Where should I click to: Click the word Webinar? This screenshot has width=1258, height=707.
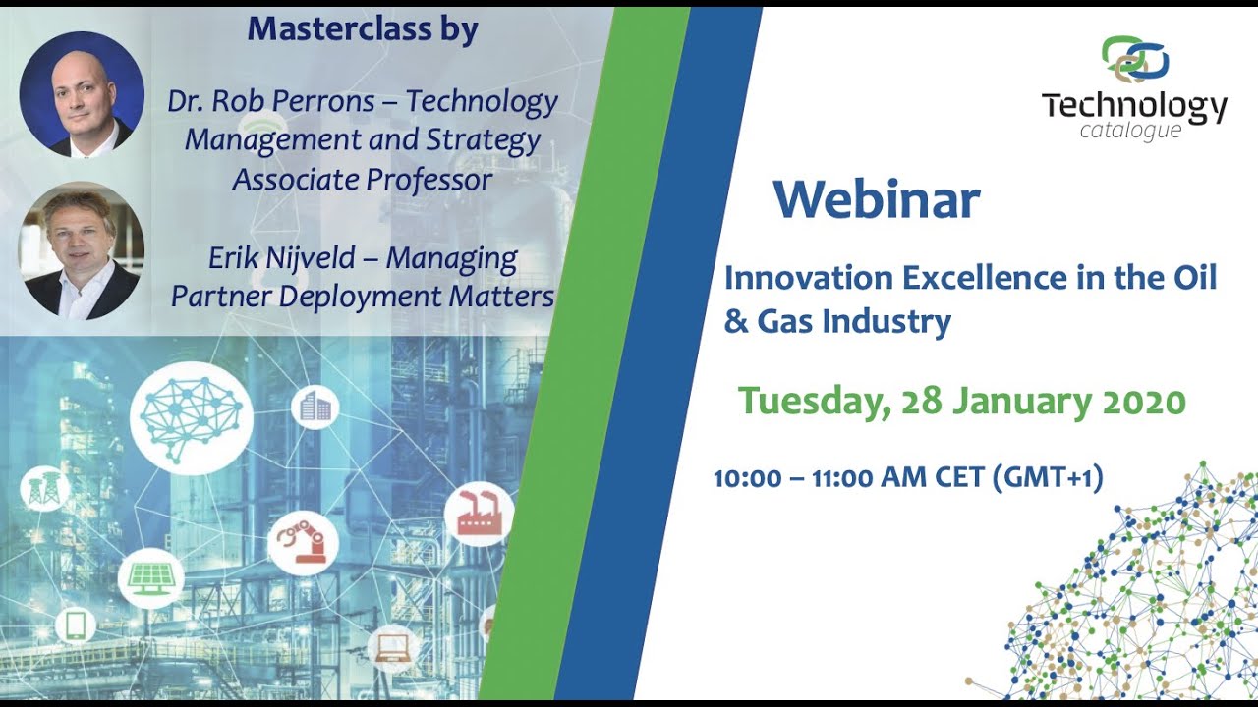tap(876, 200)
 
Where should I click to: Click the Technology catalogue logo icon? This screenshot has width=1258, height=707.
tap(1134, 59)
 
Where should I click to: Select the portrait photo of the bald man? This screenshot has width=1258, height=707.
tap(82, 94)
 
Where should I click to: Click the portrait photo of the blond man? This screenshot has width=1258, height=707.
tap(82, 250)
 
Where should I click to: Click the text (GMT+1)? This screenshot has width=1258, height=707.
tap(1048, 478)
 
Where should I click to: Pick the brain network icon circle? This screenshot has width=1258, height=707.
tap(191, 412)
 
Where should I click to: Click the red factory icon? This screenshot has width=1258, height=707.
tap(479, 514)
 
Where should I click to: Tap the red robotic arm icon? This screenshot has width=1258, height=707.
tap(303, 543)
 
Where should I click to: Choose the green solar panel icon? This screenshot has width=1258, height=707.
tap(150, 577)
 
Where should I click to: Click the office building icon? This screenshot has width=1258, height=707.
tap(314, 407)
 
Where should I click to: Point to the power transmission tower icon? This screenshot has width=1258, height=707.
tap(45, 488)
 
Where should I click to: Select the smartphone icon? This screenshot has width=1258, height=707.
tap(75, 625)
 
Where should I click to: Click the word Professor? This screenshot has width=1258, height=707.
tap(430, 180)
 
